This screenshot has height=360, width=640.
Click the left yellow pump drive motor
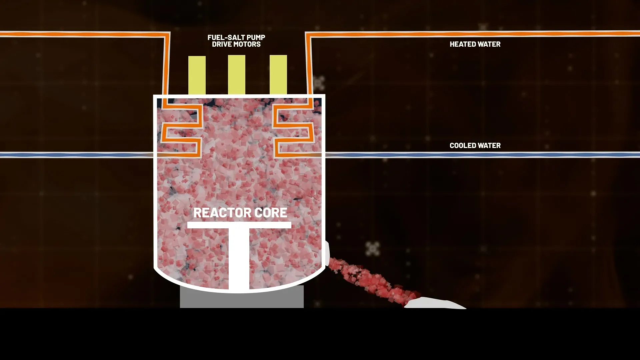click(x=197, y=75)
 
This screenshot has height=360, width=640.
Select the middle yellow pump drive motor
click(x=237, y=75)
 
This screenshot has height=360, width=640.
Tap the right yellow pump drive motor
click(x=278, y=75)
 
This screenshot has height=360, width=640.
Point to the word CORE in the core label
click(x=271, y=213)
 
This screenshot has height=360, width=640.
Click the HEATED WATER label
click(x=475, y=44)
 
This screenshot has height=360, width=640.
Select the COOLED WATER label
click(x=475, y=145)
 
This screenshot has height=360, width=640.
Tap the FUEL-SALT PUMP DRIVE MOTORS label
click(x=236, y=41)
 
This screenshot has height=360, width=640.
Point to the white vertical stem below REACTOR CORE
click(x=239, y=259)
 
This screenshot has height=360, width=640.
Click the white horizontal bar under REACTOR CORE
click(x=239, y=225)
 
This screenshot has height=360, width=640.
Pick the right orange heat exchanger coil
click(x=293, y=130)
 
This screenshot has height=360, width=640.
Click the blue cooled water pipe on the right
click(x=482, y=155)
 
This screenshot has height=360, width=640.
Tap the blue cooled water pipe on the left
click(x=77, y=155)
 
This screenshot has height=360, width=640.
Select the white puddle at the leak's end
click(x=435, y=303)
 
